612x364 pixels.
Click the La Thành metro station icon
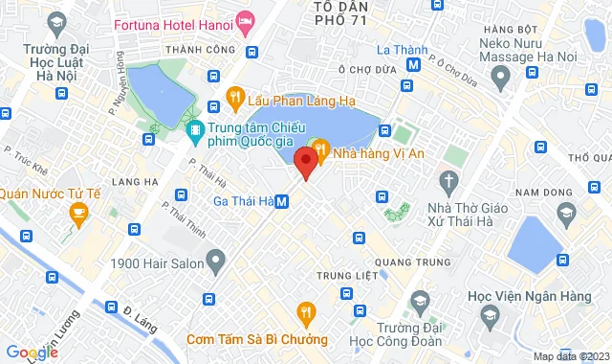point(412,65)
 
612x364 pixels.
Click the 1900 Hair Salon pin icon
point(217,259)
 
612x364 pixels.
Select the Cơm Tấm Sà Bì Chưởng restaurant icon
point(306,311)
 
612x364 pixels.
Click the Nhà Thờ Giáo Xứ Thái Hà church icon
point(448,180)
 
